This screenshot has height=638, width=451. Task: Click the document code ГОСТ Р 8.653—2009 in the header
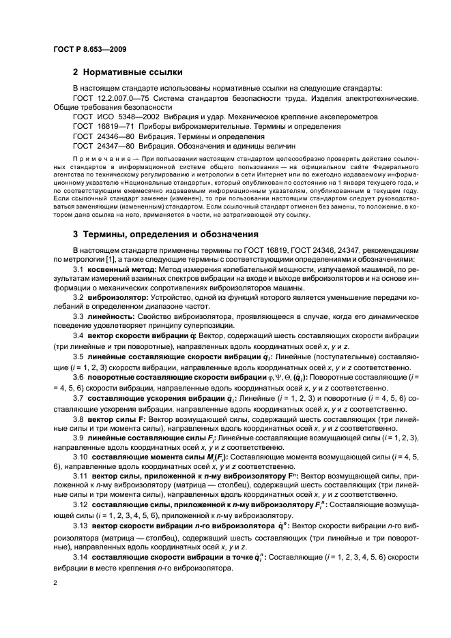89,49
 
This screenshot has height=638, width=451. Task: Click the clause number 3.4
78,355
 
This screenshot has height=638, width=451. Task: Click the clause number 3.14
81,558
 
